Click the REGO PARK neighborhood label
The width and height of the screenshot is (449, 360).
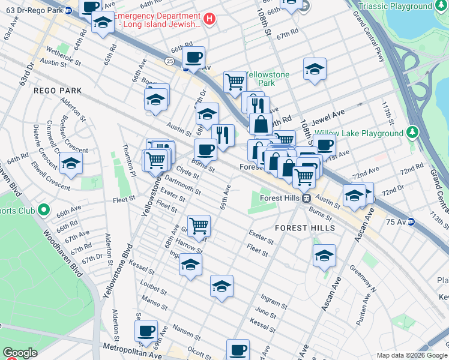[57, 90]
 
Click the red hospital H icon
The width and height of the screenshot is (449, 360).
[209, 19]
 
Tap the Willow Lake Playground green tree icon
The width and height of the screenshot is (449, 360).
[412, 132]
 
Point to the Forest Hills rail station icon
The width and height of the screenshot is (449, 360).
[306, 198]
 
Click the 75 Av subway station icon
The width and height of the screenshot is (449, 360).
[412, 221]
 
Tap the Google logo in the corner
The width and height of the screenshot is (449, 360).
[20, 353]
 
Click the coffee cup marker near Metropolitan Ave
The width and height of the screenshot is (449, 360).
[146, 329]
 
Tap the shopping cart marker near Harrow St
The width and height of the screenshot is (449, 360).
[199, 226]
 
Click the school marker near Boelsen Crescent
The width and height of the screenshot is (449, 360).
[71, 164]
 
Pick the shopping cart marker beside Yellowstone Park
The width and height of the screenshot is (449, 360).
[235, 81]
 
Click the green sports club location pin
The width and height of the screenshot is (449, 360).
[43, 210]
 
